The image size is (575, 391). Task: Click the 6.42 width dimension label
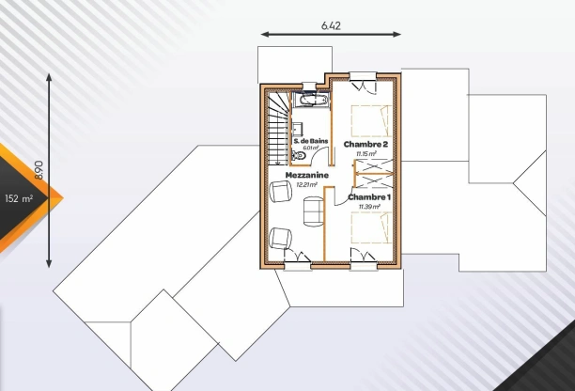tap(331, 23)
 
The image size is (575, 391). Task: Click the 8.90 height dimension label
tap(39, 169)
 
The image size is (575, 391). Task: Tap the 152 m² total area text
tap(19, 198)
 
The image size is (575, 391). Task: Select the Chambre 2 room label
tap(365, 144)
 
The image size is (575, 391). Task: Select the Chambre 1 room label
tap(369, 197)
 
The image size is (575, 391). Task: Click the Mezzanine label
tap(306, 175)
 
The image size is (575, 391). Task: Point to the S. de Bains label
tap(310, 139)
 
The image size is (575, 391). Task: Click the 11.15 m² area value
tap(365, 153)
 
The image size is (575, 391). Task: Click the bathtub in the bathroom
tap(309, 99)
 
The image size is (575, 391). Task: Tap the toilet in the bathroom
tap(299, 159)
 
